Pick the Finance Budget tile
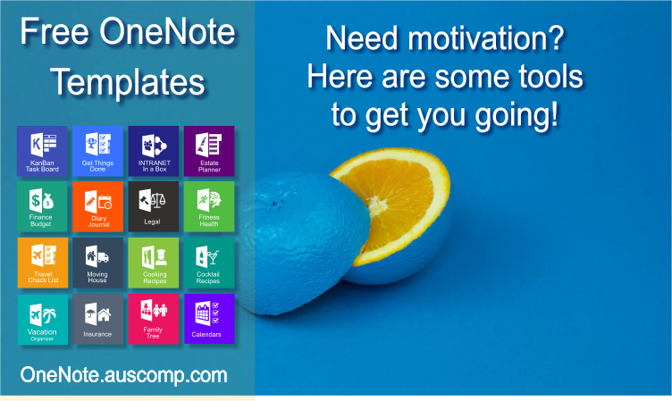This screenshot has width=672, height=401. coord(42,206)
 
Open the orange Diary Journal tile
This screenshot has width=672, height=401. coord(97,206)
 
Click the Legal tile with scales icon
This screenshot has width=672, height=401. coord(153,206)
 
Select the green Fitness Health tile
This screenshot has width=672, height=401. coord(209,206)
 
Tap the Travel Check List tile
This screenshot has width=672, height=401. coord(42,263)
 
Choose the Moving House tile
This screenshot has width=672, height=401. coord(97,263)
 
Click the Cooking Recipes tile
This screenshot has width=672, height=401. coord(153,263)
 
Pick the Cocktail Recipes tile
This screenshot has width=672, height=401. coord(209,263)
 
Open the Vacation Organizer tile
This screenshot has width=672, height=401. coord(42,319)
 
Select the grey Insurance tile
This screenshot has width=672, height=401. coord(97,319)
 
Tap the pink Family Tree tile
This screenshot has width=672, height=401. coord(153,319)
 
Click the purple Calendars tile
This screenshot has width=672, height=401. coord(209,319)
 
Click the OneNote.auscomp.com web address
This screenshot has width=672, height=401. coord(123,374)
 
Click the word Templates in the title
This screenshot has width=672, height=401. coord(127,82)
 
